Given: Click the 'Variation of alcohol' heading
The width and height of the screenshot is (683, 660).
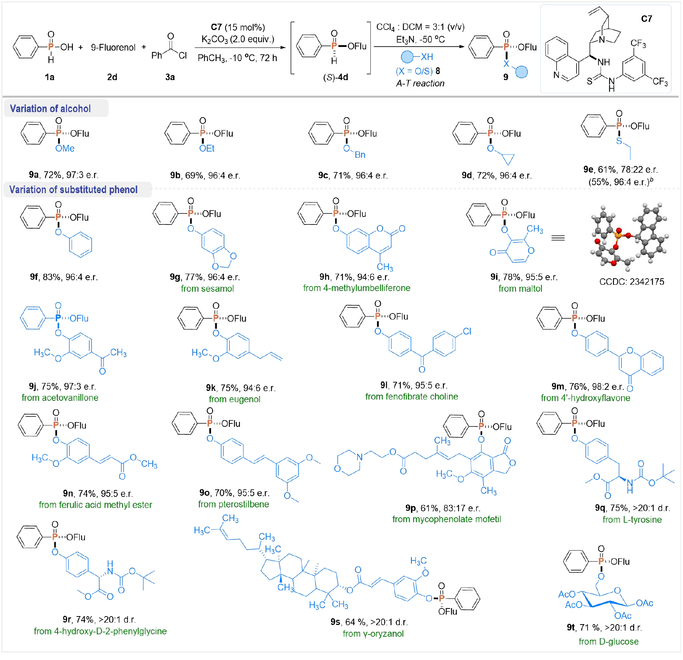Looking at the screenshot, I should point(50,109).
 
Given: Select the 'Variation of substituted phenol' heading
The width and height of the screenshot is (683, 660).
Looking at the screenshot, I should point(73,190).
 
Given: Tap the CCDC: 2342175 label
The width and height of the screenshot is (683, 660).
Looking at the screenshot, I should point(631,282).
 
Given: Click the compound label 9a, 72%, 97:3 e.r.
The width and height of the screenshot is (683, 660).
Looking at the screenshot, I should point(64,175).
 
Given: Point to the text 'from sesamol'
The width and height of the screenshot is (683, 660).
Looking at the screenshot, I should point(207,289).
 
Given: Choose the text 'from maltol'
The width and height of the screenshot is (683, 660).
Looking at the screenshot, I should point(520,289).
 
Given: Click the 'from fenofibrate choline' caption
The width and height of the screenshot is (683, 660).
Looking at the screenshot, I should point(411,397).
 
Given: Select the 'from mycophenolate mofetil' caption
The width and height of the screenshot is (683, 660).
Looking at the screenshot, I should point(446,519).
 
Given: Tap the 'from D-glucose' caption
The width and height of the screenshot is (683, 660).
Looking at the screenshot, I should point(608,642).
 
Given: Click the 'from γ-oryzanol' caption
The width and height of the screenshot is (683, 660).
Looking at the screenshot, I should point(373,634).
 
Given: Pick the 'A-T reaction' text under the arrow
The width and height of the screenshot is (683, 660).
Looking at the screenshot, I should point(420,83).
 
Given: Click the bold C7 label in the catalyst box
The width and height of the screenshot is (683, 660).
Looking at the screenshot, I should point(646,19).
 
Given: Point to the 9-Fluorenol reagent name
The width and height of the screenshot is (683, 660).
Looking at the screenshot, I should point(113,47).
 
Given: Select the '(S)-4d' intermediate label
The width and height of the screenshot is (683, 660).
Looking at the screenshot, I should point(335,77).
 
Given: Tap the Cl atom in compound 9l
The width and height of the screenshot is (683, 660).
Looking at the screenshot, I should point(467,331).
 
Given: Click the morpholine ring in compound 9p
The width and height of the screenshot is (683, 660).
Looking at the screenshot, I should point(348,462).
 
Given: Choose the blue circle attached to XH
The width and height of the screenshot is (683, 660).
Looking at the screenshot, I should point(407,57).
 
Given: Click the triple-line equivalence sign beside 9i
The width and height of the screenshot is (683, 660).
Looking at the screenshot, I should point(558,238).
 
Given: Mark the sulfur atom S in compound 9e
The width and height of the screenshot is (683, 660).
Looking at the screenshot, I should point(619,141).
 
